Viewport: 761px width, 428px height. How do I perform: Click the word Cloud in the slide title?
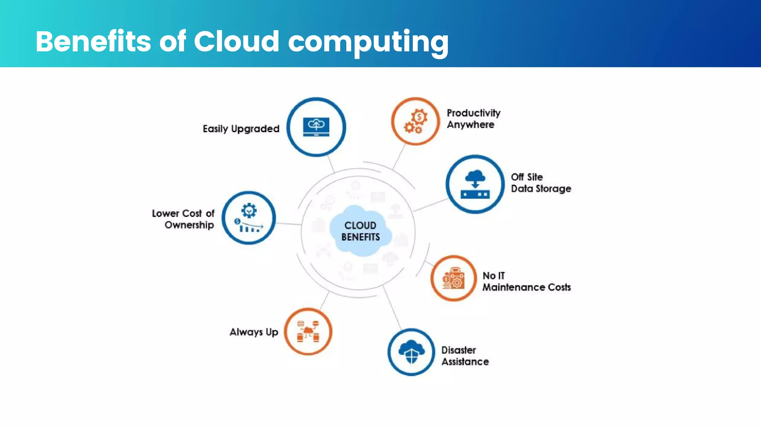pos(236,41)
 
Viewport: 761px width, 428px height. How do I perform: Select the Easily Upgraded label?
pos(241,129)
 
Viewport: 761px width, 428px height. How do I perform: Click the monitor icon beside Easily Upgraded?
pos(316,127)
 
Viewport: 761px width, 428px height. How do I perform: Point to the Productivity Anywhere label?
pos(473,119)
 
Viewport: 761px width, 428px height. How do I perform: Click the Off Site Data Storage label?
pos(541,183)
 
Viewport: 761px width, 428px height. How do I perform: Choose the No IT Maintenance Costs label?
pos(526,281)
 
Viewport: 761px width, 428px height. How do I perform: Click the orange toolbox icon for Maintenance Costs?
pos(453,278)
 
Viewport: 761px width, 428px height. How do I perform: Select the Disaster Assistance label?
pos(465,356)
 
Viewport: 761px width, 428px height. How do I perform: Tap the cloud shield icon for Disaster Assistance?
pos(411,352)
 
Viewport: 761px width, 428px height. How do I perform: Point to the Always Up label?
pos(254,332)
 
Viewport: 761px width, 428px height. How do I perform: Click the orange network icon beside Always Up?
pos(308,331)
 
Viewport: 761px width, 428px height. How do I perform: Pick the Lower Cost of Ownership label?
pos(183,219)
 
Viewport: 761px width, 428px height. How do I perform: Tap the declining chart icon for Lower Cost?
pos(249,218)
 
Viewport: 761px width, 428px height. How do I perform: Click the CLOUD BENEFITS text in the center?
pos(360,231)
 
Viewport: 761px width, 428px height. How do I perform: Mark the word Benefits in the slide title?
pos(93,41)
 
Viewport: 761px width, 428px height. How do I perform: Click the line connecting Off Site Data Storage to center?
pos(430,205)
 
